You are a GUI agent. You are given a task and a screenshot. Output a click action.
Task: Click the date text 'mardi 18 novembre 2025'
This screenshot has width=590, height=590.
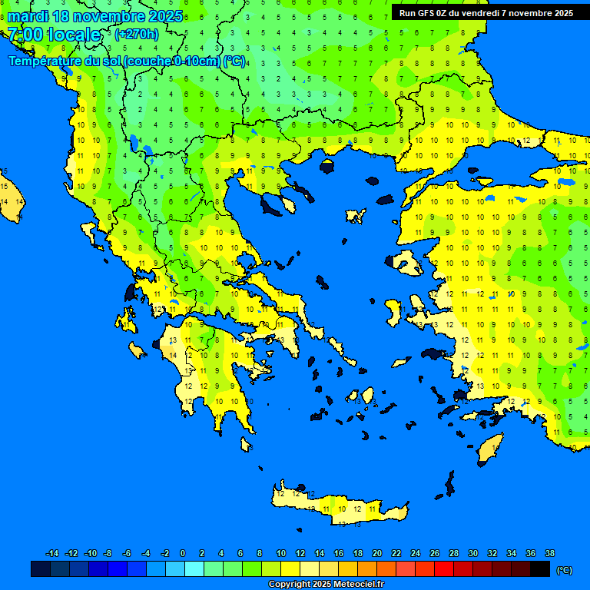point(95,16)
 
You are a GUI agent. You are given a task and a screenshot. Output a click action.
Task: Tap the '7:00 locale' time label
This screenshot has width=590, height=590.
point(55,35)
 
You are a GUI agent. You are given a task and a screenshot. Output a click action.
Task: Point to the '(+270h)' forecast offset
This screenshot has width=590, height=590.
point(137,35)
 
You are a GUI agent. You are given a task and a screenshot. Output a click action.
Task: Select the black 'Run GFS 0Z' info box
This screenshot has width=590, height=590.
point(486,12)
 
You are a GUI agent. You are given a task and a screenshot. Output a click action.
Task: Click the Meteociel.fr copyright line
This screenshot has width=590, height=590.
point(325,585)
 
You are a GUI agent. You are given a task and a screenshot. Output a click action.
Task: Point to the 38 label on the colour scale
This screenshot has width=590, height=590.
point(550,553)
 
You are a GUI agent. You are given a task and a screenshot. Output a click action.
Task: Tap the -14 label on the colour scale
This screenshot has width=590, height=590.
point(52,553)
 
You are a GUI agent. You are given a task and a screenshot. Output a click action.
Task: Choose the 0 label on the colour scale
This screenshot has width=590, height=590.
point(183,553)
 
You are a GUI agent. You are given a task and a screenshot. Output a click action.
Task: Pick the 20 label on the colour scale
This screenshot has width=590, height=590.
point(376,553)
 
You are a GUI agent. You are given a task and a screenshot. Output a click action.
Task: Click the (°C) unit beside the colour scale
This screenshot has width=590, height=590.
point(565,570)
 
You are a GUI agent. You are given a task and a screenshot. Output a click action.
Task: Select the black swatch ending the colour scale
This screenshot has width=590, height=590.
point(540,569)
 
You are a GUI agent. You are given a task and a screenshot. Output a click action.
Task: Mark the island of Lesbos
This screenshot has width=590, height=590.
point(406,264)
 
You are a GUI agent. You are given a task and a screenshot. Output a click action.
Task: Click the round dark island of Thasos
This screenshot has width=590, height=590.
point(328,167)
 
